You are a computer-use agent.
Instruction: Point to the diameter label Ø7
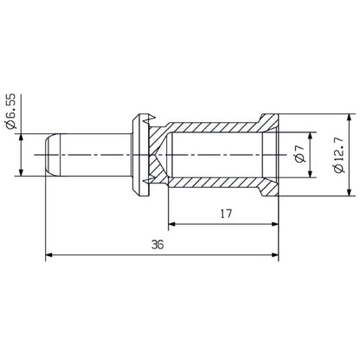pyautogui.click(x=299, y=154)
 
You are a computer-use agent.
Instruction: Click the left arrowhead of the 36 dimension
pyautogui.click(x=49, y=255)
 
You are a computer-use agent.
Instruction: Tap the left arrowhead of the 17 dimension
pyautogui.click(x=171, y=223)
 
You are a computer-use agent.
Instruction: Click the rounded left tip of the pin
pyautogui.click(x=47, y=154)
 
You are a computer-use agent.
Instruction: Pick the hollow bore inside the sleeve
pyautogui.click(x=216, y=154)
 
